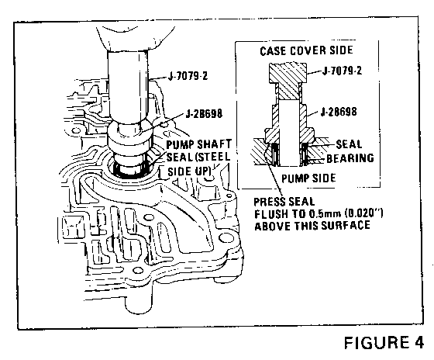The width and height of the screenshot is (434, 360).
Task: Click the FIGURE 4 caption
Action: (x=384, y=342)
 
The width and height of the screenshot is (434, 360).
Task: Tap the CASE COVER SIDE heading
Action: (x=306, y=50)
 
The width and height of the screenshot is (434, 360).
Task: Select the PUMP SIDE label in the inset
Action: (x=308, y=178)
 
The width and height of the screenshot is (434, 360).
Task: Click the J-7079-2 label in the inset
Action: (x=342, y=71)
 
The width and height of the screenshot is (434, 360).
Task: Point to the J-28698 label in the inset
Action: (x=339, y=112)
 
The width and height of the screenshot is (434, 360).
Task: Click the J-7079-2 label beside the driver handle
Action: (x=188, y=76)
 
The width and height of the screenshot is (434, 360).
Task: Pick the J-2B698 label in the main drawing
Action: (x=204, y=113)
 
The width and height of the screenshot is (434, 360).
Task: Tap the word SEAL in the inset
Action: (x=349, y=144)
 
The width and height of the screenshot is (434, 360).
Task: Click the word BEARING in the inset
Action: (x=350, y=158)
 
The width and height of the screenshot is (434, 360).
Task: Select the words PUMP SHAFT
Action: (x=198, y=144)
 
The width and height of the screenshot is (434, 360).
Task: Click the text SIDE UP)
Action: (x=190, y=171)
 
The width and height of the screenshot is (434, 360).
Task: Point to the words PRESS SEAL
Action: (x=284, y=202)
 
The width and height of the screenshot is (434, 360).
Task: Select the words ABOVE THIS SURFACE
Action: (x=312, y=226)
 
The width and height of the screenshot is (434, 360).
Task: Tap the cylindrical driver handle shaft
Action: (x=128, y=86)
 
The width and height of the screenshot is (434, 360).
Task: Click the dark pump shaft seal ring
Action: (x=131, y=172)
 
